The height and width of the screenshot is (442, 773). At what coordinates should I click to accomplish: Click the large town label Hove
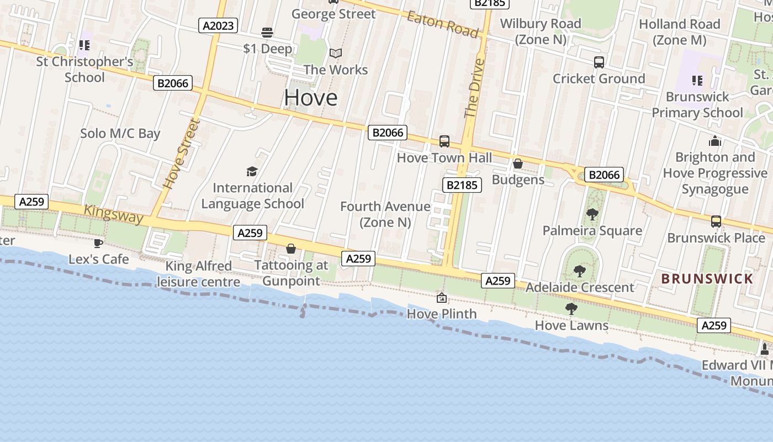coord(310,98)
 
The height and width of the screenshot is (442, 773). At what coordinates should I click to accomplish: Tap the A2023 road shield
coord(219,25)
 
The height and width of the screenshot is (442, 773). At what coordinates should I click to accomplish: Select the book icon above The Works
coord(336,54)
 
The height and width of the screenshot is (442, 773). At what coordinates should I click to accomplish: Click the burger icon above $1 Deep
coord(268,32)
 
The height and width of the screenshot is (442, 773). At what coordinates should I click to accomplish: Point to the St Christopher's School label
coord(84,69)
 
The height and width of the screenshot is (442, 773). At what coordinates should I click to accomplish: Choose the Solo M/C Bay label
coord(120,133)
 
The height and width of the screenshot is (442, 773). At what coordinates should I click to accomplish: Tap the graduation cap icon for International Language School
coord(252,171)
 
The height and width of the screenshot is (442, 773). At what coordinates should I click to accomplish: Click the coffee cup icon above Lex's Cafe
coord(98,243)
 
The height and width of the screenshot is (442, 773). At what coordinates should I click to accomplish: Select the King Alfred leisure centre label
coord(199,274)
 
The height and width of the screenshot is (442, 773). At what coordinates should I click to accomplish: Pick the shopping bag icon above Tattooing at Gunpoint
coord(291,249)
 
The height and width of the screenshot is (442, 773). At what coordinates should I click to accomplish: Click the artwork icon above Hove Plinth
coord(442,298)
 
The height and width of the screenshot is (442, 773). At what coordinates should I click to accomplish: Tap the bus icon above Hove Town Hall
coord(444,141)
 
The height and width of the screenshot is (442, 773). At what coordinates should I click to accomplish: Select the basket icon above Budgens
coord(518,164)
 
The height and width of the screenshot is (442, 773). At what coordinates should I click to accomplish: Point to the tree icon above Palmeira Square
coord(592,214)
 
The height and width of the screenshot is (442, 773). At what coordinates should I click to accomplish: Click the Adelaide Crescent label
coord(580,287)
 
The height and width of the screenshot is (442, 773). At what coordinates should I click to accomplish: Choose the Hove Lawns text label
coord(571,325)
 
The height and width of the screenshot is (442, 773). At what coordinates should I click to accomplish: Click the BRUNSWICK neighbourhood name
coord(707,278)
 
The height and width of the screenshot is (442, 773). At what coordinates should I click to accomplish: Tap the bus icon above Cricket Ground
coord(599,62)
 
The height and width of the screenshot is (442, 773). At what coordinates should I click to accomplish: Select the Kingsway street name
coord(113,214)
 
